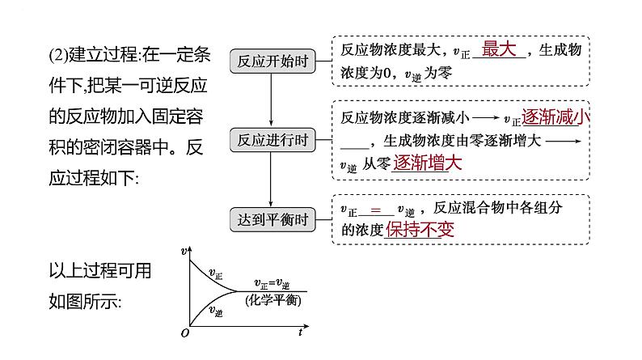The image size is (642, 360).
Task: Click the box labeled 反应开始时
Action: point(270,61)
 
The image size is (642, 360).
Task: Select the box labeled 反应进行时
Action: point(270,140)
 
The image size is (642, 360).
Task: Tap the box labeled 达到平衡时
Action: point(270,219)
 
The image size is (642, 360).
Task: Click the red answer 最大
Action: point(498,49)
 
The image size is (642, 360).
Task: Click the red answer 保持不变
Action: point(420,230)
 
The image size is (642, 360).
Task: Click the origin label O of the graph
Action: point(185,332)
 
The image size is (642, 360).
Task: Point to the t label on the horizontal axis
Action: point(300,332)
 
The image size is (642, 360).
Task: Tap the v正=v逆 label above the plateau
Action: point(272,283)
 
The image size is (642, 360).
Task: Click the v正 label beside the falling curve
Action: point(217,273)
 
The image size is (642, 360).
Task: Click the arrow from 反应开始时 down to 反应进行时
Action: point(270,100)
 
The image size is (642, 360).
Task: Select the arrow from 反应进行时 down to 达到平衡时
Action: point(270,180)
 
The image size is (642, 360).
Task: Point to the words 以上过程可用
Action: point(100,270)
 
